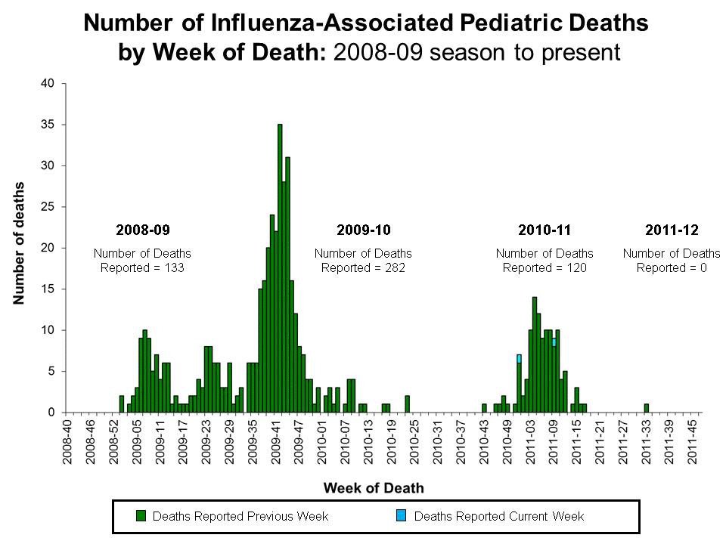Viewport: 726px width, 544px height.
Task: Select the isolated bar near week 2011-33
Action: pyautogui.click(x=647, y=409)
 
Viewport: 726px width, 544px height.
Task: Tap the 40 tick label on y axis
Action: pyautogui.click(x=47, y=84)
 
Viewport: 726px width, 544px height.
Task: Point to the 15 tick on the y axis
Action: pyautogui.click(x=47, y=289)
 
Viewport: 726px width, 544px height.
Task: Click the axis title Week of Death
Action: pyautogui.click(x=374, y=488)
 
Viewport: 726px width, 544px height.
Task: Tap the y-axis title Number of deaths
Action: pyautogui.click(x=19, y=243)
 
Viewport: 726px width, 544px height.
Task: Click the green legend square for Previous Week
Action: pyautogui.click(x=141, y=516)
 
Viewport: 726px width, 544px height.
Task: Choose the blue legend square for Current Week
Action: pyautogui.click(x=402, y=516)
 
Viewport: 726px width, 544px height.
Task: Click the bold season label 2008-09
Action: pyautogui.click(x=142, y=230)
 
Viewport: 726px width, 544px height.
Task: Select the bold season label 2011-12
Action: pyautogui.click(x=672, y=230)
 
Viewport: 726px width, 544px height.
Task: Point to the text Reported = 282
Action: pyautogui.click(x=363, y=267)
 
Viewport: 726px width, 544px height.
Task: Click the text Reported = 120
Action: pyautogui.click(x=544, y=267)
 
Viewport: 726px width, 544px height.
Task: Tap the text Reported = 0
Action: pyautogui.click(x=672, y=267)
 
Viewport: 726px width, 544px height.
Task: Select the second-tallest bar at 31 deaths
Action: pyautogui.click(x=288, y=285)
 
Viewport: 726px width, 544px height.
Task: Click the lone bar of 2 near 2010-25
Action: pyautogui.click(x=407, y=404)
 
